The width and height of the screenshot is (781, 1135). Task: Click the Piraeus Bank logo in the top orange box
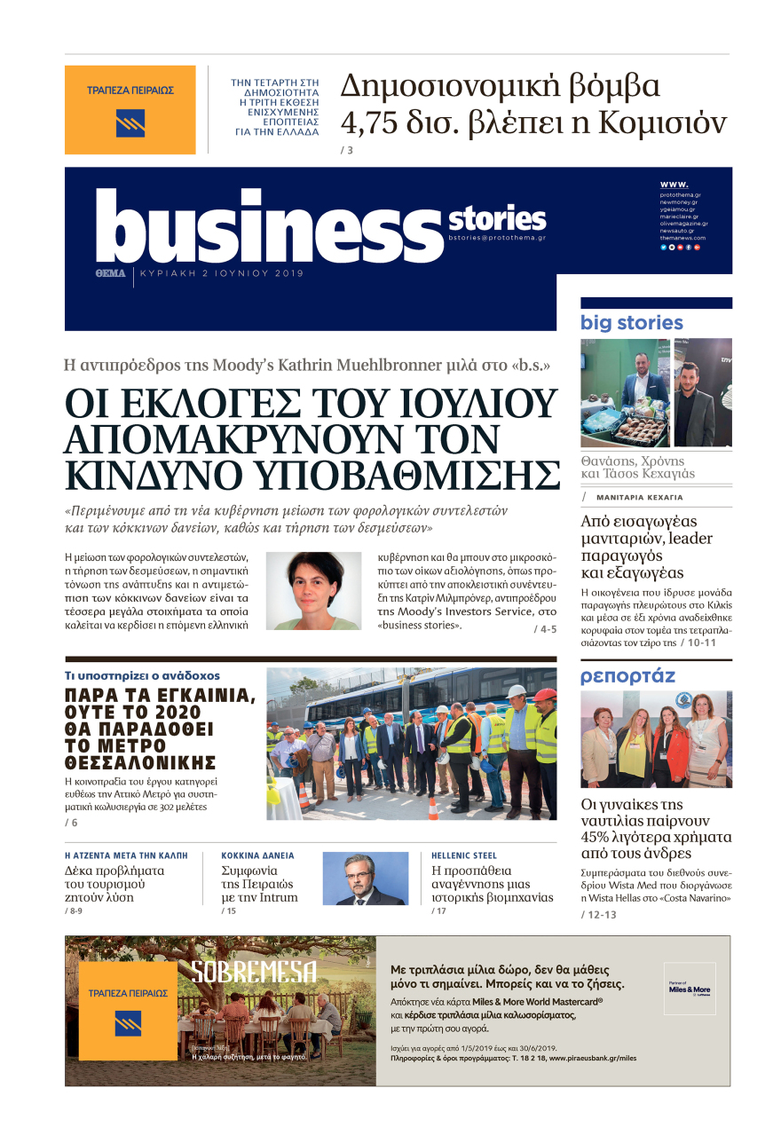point(130,122)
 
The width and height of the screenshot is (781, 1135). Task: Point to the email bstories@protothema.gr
point(497,238)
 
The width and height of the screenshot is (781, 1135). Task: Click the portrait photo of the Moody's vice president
point(313,590)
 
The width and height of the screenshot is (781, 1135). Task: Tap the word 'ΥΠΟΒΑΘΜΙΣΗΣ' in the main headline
point(410,476)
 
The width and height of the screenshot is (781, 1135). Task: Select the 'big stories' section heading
point(632,323)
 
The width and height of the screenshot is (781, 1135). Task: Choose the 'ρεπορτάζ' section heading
point(628,676)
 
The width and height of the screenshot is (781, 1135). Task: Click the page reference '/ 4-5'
point(545,629)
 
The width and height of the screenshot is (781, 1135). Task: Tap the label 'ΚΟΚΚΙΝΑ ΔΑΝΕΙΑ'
point(257,855)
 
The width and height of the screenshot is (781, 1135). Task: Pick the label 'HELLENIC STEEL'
point(464,855)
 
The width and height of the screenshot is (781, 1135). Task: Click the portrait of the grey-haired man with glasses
point(365,879)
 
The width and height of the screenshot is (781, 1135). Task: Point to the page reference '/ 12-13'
point(599,914)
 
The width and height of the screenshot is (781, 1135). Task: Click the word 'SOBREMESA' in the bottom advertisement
point(254,973)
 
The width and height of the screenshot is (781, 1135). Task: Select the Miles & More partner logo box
point(690,989)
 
